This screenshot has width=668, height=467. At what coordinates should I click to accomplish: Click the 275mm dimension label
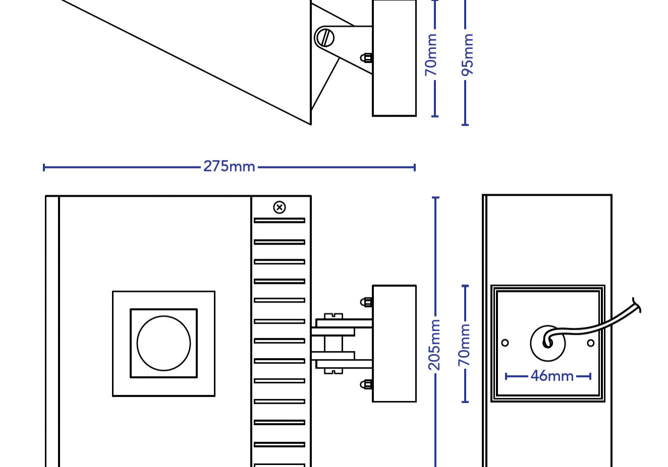[x=229, y=166]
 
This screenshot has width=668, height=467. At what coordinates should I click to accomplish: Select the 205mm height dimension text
[x=434, y=344]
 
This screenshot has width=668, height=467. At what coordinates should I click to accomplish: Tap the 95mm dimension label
[x=468, y=55]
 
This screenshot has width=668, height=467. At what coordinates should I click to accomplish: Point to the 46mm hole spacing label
[x=551, y=376]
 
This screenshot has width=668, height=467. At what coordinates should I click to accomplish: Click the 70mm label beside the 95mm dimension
[x=431, y=55]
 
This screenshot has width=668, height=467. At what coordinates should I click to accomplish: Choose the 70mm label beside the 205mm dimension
[x=464, y=344]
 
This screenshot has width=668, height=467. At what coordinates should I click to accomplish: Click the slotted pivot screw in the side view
[x=324, y=37]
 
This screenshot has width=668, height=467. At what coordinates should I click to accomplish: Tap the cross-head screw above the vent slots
[x=280, y=207]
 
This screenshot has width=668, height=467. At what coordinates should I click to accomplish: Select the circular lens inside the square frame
[x=164, y=343]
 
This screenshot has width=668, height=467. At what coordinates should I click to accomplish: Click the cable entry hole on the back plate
[x=547, y=343]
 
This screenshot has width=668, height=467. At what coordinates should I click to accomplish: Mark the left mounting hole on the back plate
[x=505, y=343]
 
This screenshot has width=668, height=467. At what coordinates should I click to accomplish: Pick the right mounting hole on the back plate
[x=591, y=343]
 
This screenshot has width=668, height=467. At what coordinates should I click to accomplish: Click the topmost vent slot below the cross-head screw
[x=280, y=220]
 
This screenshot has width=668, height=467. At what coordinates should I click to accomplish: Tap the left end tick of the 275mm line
[x=44, y=167]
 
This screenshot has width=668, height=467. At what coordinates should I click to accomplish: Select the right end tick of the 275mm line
[x=415, y=167]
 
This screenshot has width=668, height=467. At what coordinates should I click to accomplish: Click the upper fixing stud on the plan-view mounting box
[x=367, y=302]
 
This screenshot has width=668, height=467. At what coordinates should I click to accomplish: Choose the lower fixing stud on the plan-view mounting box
[x=367, y=385]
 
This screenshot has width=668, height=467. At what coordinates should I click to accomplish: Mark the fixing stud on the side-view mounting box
[x=367, y=58]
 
